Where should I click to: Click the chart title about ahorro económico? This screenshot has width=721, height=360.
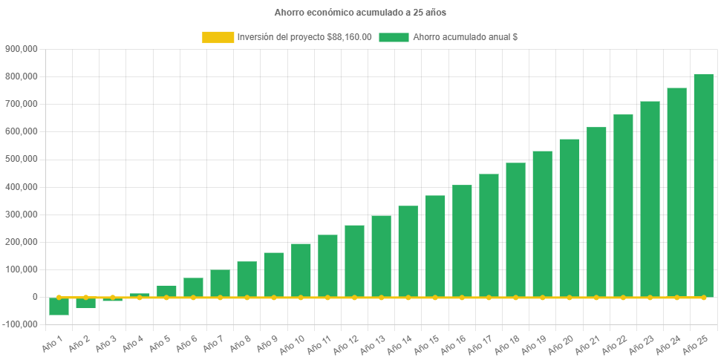point(360,13)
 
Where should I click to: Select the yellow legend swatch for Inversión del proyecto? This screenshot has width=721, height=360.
point(218,37)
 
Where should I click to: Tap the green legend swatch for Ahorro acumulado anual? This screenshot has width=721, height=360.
point(394,37)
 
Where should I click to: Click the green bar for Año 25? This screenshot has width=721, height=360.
point(703,186)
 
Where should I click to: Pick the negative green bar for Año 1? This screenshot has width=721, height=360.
point(59,306)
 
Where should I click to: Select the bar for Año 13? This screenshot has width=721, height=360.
point(381,256)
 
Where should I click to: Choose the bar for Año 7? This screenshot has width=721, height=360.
point(220,283)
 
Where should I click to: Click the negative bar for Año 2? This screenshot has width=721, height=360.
point(86,303)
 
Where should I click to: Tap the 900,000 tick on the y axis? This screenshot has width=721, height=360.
point(22,49)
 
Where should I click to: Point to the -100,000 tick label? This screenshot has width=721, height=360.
point(20,324)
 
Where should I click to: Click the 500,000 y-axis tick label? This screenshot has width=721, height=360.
point(22,159)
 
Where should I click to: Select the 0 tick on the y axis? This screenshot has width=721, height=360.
point(34,297)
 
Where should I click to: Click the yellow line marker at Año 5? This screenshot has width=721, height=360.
point(166,297)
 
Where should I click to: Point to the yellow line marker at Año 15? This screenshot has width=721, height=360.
point(435,297)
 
